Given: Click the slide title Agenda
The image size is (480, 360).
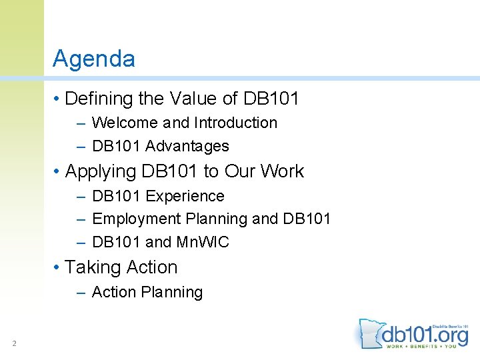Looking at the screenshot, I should [x=94, y=59].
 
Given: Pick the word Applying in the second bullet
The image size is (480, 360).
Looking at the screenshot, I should [x=101, y=172].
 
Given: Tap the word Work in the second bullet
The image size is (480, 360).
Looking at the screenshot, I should [x=282, y=172].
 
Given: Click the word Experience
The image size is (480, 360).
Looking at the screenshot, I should [x=185, y=197].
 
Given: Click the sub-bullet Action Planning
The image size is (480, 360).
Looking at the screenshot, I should [x=147, y=293].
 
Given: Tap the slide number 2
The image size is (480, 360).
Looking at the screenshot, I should [x=13, y=343].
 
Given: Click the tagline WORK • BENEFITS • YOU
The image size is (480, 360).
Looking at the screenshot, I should [x=424, y=346].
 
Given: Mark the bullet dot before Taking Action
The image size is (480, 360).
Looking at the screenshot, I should [x=58, y=268].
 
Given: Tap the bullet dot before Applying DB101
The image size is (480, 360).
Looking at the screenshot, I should [x=58, y=172].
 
